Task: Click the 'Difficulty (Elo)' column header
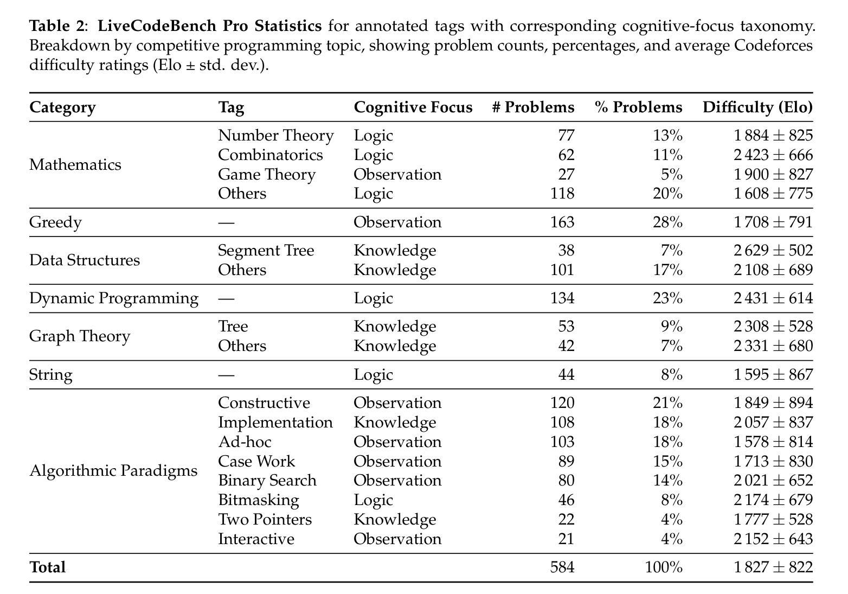click(757, 107)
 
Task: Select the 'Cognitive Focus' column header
click(413, 107)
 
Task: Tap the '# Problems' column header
click(533, 107)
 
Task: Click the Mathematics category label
click(75, 165)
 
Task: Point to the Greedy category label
click(55, 222)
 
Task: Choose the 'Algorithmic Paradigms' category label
click(113, 471)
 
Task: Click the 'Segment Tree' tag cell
click(266, 251)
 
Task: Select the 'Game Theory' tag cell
click(267, 175)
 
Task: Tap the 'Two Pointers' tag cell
click(265, 519)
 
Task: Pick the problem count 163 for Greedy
click(562, 222)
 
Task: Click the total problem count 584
click(562, 567)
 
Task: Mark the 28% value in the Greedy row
click(668, 222)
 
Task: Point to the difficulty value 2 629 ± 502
click(773, 251)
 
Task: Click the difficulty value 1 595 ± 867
click(773, 375)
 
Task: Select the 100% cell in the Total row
click(664, 567)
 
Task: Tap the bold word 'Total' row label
click(47, 567)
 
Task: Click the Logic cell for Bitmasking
click(373, 501)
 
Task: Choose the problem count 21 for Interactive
click(567, 539)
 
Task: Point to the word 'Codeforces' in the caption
click(773, 46)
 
